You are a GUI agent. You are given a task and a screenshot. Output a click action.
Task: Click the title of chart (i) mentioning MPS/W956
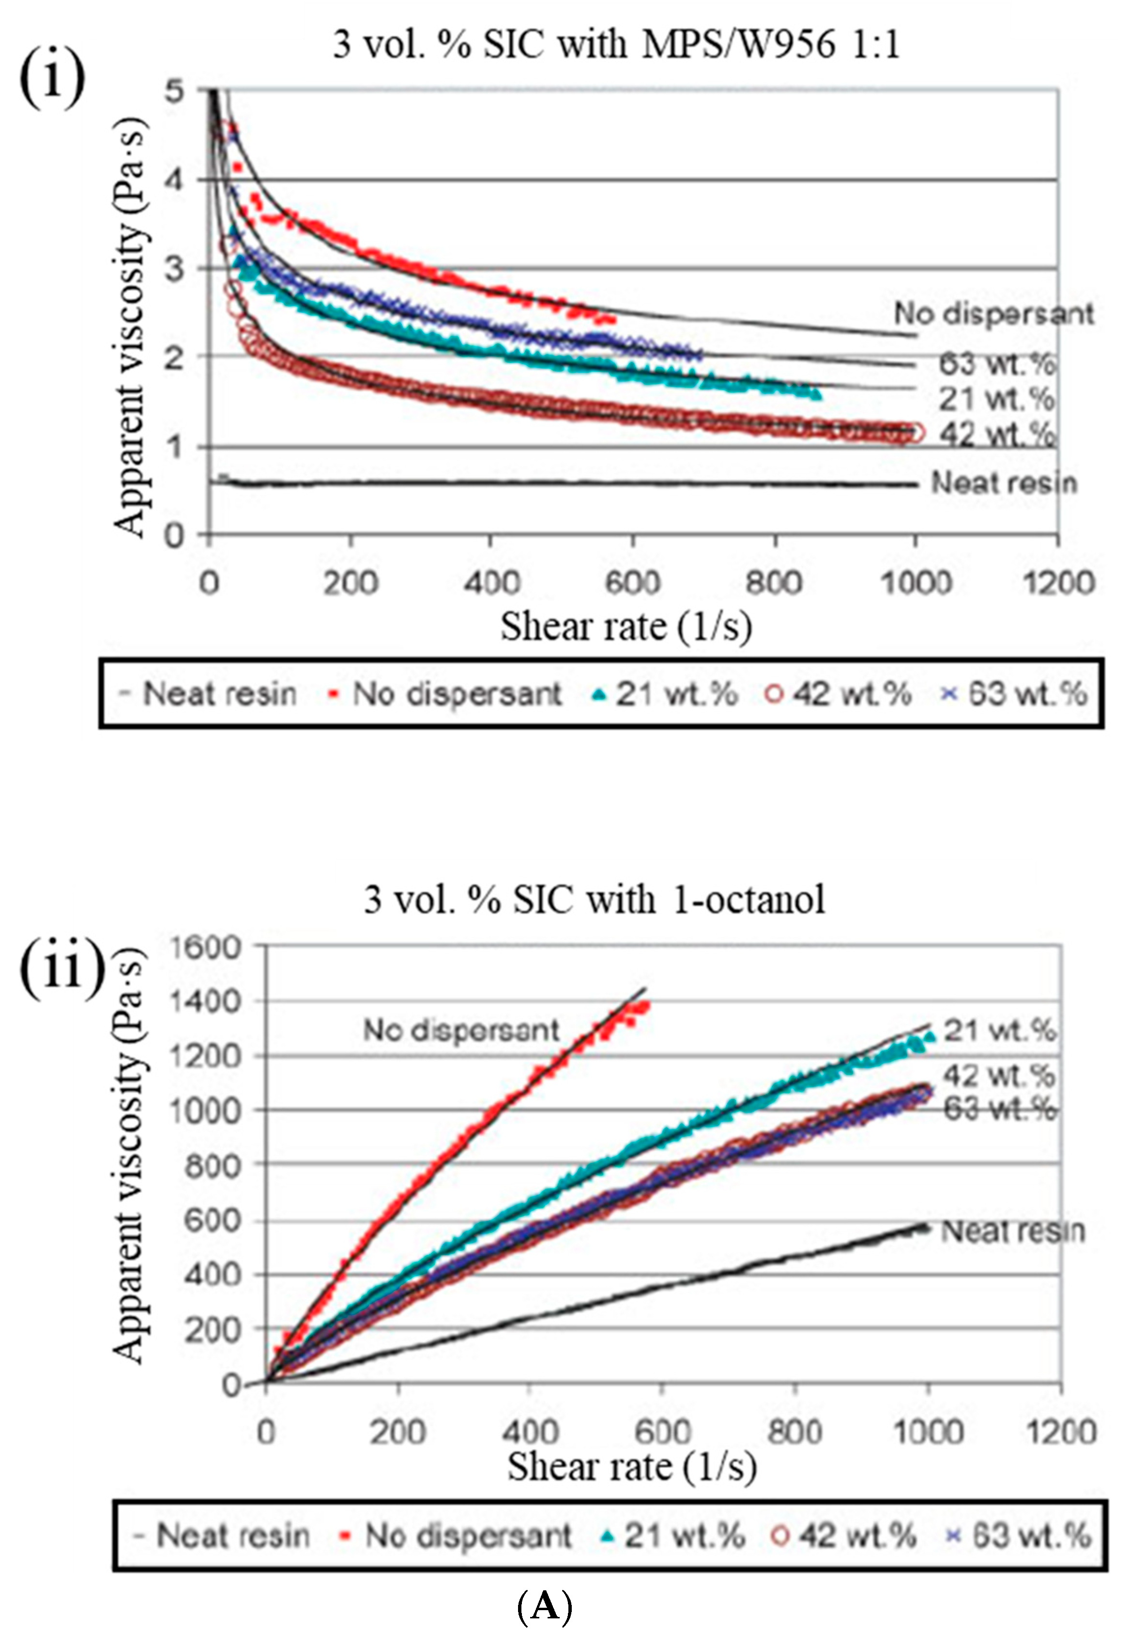click(616, 45)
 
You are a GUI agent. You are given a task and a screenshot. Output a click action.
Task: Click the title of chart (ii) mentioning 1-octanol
click(595, 900)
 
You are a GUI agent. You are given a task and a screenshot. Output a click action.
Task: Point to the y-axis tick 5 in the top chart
click(174, 91)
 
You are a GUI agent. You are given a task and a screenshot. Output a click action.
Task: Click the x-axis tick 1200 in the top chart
click(1057, 583)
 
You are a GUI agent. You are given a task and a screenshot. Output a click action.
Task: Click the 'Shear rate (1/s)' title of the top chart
click(626, 627)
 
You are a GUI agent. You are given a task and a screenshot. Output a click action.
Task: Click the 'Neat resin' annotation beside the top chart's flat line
click(1004, 483)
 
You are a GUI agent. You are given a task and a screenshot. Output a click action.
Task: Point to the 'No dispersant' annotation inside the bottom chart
click(461, 1030)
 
